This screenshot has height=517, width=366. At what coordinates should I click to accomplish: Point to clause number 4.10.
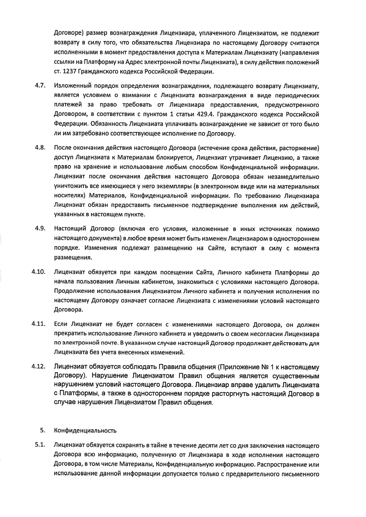tap(38, 272)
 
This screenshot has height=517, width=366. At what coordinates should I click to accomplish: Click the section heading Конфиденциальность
tap(85, 431)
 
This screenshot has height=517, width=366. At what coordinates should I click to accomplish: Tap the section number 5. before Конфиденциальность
tap(42, 430)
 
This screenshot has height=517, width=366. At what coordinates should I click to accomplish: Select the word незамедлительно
tap(295, 177)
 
